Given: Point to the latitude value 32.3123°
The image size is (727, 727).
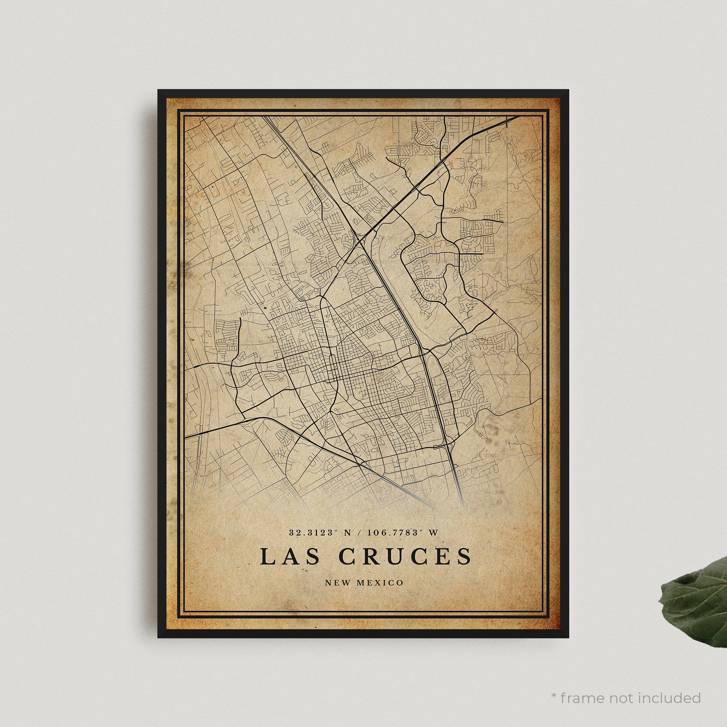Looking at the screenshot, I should [x=312, y=533].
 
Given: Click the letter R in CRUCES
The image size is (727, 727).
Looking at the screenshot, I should [x=372, y=557].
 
